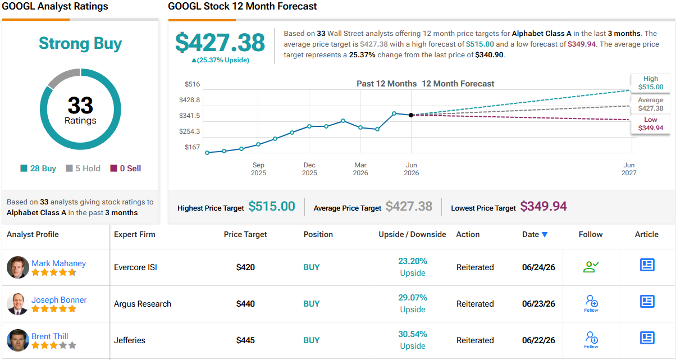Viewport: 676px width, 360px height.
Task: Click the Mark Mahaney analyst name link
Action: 58,263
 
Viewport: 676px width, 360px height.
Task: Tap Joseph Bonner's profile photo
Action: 18,304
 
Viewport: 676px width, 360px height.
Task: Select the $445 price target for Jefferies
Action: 245,340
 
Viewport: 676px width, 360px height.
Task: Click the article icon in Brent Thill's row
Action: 647,338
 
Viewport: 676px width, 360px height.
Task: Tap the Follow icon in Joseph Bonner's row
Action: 591,303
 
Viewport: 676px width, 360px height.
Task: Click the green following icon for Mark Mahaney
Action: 591,267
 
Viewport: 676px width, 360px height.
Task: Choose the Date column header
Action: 535,234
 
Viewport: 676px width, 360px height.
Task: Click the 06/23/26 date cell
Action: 538,304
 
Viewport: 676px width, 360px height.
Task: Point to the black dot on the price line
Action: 411,115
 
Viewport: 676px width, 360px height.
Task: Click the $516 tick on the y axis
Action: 192,84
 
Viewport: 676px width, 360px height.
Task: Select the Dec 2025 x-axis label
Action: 309,169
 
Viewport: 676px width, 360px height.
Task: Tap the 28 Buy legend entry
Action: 38,168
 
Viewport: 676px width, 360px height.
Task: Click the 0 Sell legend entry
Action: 126,168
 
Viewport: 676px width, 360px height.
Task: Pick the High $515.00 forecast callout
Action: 650,83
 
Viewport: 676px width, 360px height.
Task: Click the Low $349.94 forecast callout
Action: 650,124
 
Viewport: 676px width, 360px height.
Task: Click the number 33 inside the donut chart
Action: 80,105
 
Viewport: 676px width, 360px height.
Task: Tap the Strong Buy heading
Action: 80,43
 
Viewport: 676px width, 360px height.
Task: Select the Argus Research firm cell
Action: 143,304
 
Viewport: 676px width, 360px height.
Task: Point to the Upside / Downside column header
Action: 412,234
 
